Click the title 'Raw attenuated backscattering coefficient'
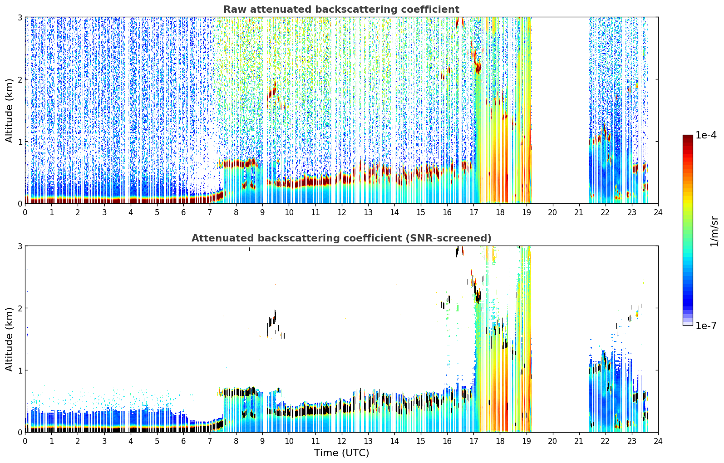341,10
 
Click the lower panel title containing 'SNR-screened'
341,238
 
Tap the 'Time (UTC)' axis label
341,453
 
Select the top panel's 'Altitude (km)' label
9,111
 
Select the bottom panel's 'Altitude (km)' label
9,339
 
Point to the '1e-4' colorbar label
706,135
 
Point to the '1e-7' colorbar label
706,325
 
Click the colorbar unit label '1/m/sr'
714,231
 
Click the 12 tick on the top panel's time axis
342,213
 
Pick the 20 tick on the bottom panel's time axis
553,441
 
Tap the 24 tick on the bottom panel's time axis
658,441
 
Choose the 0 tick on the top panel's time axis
25,213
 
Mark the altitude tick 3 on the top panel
20,17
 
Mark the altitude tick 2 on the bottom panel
20,308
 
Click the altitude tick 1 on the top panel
20,142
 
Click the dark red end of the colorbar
688,137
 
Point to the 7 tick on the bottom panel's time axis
210,441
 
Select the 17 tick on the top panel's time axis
473,213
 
